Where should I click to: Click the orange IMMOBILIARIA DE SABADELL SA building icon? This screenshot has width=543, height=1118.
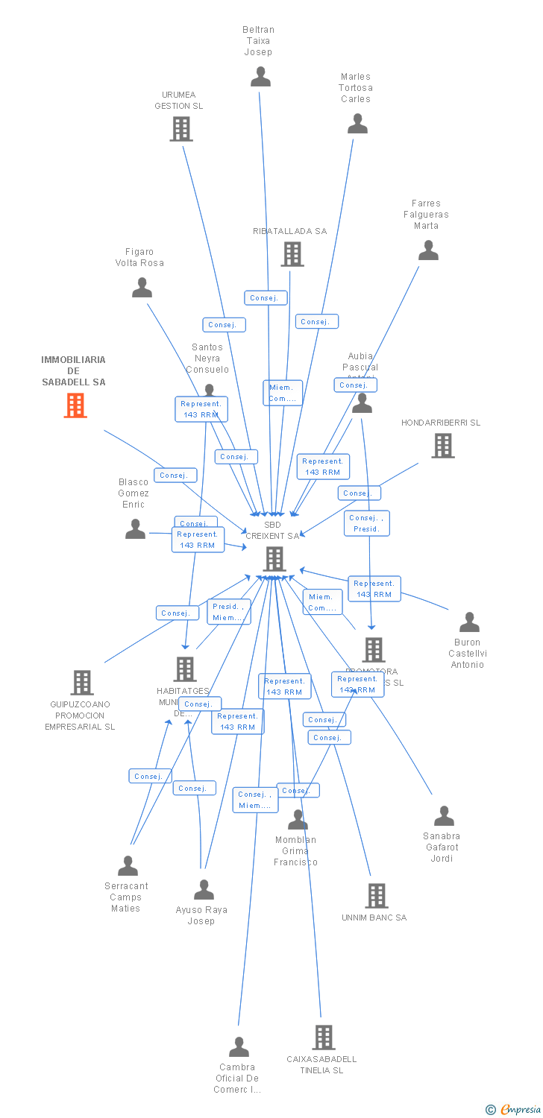[x=75, y=405]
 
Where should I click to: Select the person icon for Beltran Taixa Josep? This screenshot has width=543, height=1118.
[x=260, y=76]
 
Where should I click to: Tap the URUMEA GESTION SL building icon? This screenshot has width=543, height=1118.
[x=181, y=129]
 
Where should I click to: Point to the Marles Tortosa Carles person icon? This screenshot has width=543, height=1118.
[x=358, y=124]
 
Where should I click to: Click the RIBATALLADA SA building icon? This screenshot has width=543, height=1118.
[x=292, y=254]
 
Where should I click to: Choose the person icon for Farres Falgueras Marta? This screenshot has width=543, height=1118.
[x=428, y=250]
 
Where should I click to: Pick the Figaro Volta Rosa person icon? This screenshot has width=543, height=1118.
[x=142, y=288]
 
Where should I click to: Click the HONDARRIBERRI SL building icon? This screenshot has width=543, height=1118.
[x=443, y=446]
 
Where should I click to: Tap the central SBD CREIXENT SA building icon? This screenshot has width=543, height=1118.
[x=274, y=558]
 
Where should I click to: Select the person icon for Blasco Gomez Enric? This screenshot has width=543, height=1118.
[x=135, y=529]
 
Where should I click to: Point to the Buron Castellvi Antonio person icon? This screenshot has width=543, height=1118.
[x=469, y=622]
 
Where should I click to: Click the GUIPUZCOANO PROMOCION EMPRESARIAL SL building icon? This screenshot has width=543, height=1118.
[x=82, y=682]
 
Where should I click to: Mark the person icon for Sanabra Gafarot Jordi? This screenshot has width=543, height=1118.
[x=444, y=816]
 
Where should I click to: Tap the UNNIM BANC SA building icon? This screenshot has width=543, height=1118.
[x=377, y=896]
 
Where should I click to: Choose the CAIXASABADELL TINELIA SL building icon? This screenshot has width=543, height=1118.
[x=323, y=1037]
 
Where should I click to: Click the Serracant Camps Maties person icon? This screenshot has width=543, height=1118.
[x=128, y=866]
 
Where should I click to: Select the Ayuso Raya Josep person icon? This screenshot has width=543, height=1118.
[x=204, y=890]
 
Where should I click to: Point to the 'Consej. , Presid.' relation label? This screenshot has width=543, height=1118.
[x=366, y=523]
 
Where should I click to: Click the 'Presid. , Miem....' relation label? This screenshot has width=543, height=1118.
[x=228, y=612]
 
